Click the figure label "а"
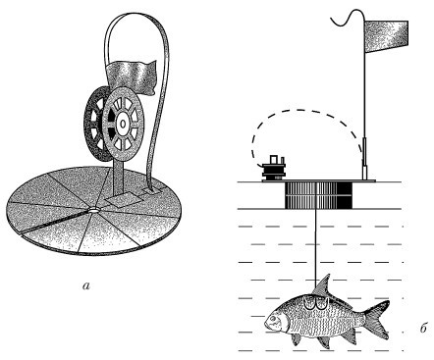coord(85,286)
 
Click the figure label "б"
coord(424,328)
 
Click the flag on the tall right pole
coord(386,36)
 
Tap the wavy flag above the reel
coord(131,76)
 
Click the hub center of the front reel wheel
coord(123,124)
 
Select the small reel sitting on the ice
coord(274,169)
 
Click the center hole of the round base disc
coord(93,210)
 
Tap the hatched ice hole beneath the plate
coord(317,195)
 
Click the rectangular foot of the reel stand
coord(120,199)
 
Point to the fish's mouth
coord(266,323)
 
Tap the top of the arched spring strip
coord(137,15)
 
